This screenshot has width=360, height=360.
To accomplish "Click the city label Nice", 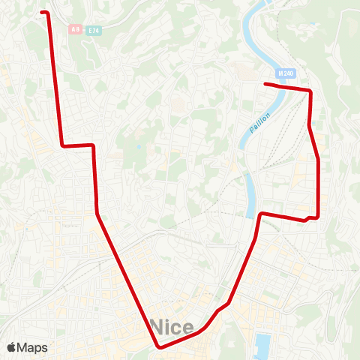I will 172,326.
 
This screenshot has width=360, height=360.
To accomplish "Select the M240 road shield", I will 286,73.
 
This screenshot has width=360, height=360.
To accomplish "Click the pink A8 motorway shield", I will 75,29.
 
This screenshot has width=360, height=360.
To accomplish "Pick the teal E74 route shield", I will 93,30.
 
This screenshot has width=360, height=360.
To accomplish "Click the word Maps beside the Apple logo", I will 32,347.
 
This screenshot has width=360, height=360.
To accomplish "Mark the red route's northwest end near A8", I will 43,12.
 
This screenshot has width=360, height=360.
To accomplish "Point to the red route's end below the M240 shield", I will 265,83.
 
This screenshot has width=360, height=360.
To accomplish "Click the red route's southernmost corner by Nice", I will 160,346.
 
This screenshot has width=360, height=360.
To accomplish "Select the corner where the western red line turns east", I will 62,145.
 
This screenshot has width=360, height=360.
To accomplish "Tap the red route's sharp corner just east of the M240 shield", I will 310,91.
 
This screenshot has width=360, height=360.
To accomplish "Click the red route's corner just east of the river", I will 261,214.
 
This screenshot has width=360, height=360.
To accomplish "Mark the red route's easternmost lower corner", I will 319,217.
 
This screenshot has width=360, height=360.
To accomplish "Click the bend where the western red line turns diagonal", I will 97,213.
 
